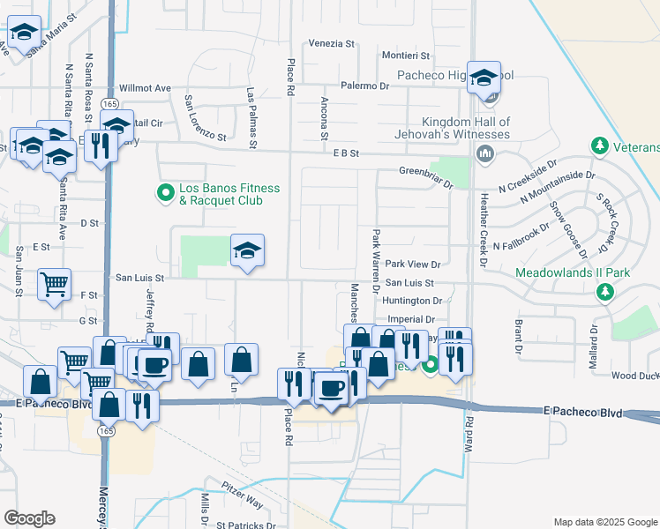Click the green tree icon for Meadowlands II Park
coord(605,291)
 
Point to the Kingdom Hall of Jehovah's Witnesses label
coord(466,128)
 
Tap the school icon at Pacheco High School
coord(484,78)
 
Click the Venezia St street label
coord(331,42)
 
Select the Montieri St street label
coord(380,56)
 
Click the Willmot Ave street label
coord(145,88)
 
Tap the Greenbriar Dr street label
coord(425,173)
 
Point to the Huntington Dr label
coord(412,302)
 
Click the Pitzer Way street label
coord(242,501)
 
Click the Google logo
coord(29,518)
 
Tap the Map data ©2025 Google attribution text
coord(604,522)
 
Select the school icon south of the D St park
coord(248,251)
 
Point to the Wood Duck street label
coord(635,376)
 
